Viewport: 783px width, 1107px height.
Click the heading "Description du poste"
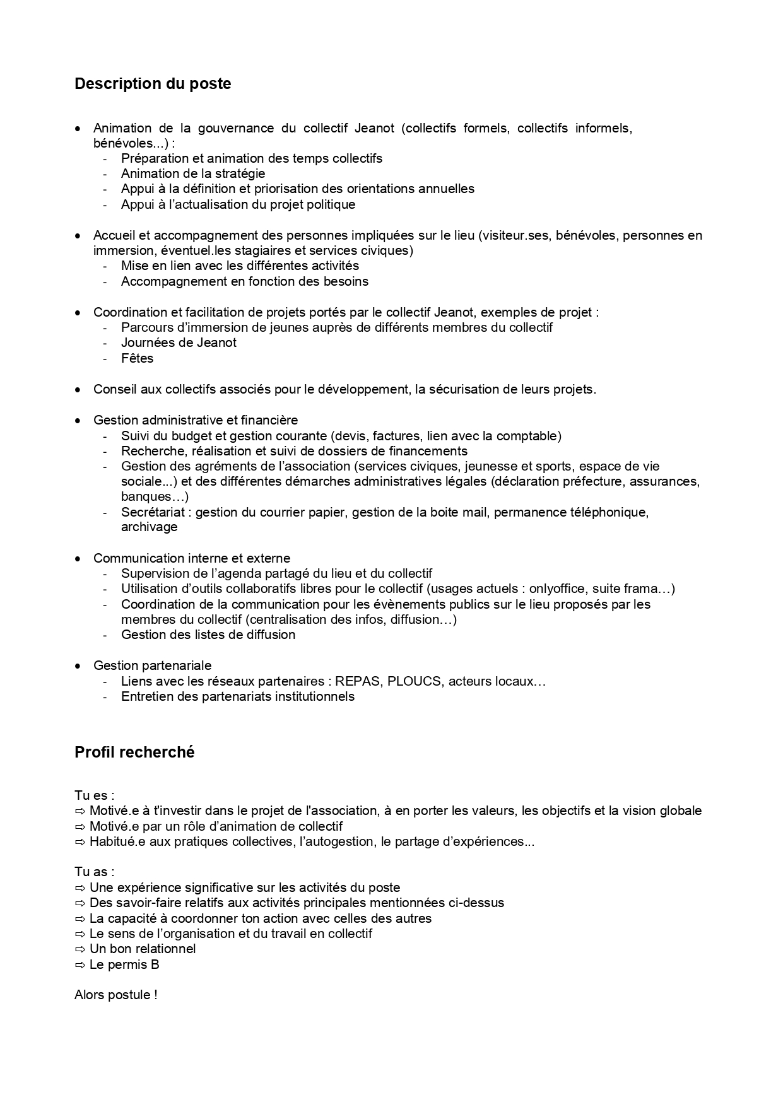point(153,84)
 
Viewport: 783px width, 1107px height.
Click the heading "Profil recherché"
point(134,752)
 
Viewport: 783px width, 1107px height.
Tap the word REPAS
point(358,681)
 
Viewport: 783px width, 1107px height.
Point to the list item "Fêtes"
point(137,358)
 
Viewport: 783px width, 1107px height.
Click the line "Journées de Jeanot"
point(179,343)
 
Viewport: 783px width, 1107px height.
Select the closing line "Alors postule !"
point(115,995)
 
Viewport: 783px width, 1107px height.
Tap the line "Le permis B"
point(124,964)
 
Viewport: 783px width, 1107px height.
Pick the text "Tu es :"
point(95,795)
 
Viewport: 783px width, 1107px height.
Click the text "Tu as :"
point(95,872)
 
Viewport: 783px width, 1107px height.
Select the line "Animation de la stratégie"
point(193,173)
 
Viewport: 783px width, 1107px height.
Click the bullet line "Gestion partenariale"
point(152,665)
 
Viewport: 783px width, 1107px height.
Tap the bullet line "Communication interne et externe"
point(192,558)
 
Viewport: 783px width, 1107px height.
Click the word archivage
point(149,527)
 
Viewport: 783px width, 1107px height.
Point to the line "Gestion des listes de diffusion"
point(208,635)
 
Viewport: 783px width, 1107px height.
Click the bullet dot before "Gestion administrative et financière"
point(78,421)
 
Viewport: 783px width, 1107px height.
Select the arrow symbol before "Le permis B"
point(79,964)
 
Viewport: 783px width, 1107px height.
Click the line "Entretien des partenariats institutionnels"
point(238,696)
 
